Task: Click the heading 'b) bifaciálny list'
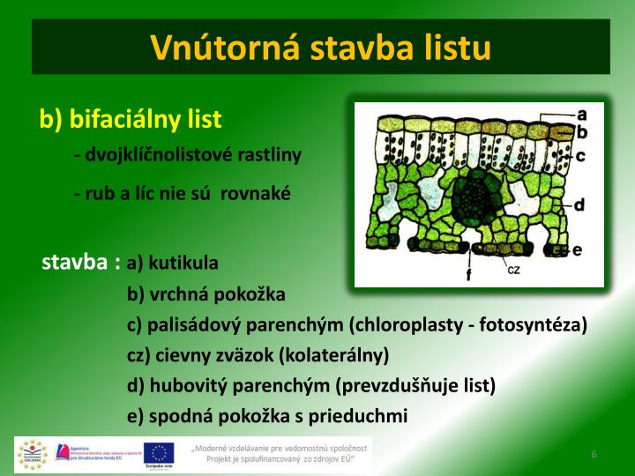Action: pos(131,119)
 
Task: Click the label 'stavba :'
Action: pos(81,263)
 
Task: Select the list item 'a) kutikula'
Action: pos(173,263)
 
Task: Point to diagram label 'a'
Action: pos(582,114)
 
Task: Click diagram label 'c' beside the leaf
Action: pos(581,155)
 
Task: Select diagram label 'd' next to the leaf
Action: pos(579,205)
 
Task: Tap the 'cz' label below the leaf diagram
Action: pos(513,270)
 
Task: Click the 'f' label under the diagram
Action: pos(468,275)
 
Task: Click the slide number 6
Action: pos(594,454)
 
